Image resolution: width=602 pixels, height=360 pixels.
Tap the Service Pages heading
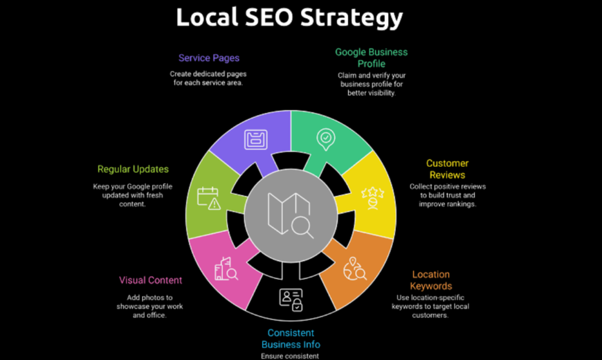(209, 58)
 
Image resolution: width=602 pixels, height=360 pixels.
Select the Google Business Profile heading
(372, 57)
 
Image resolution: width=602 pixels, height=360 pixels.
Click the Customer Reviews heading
(447, 169)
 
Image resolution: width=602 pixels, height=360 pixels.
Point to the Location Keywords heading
(431, 280)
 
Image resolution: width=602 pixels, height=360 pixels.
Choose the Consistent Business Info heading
(291, 339)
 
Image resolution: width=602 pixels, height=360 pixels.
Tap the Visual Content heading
(151, 280)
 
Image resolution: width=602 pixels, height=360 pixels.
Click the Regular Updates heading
(133, 170)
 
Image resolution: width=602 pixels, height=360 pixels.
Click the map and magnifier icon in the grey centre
(291, 215)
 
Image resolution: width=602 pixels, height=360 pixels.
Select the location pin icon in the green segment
(326, 139)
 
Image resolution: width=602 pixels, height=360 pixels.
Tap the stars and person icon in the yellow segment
(372, 198)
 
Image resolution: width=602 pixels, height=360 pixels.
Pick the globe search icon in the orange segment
(355, 269)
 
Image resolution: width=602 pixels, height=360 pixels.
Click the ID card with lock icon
(291, 300)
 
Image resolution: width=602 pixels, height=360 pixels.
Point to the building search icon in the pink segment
(226, 269)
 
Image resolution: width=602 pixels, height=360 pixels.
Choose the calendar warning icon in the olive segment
(209, 198)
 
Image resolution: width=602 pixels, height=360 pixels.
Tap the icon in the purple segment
(256, 139)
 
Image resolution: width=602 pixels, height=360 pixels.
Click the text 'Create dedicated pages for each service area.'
(208, 78)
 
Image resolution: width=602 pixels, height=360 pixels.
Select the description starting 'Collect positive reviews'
(448, 195)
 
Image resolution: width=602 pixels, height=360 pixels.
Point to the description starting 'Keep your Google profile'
(132, 195)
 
